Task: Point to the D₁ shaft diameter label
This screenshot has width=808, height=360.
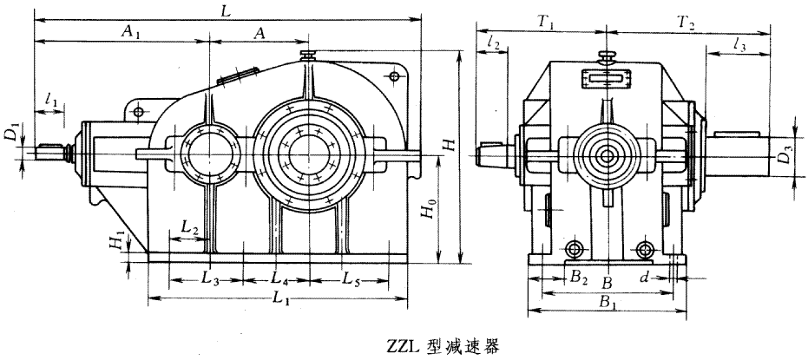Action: coord(10,134)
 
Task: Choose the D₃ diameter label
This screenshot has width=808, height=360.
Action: coord(784,158)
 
